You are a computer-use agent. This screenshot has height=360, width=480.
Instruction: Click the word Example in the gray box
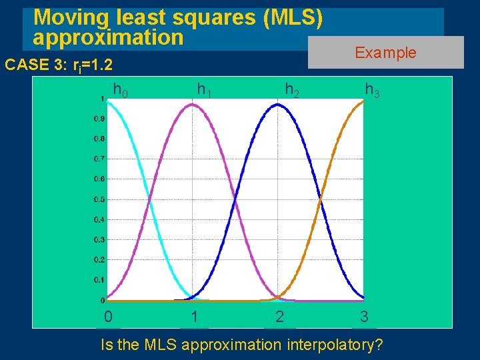click(x=385, y=53)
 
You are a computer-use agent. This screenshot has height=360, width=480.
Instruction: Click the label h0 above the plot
click(x=121, y=89)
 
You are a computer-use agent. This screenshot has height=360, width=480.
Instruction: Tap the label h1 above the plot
click(x=204, y=89)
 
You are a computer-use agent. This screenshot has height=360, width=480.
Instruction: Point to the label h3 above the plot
click(x=372, y=89)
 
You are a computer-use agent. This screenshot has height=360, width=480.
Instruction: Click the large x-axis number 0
click(x=108, y=317)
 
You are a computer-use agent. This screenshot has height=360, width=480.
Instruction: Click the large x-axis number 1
click(x=193, y=317)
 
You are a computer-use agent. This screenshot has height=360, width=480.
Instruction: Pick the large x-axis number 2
click(x=279, y=317)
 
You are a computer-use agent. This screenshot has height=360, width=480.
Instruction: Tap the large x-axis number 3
click(x=364, y=317)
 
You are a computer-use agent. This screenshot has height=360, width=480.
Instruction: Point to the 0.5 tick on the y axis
click(x=97, y=199)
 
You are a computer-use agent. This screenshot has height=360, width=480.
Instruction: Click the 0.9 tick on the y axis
click(x=97, y=119)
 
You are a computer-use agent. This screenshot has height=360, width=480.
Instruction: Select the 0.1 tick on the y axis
click(x=97, y=279)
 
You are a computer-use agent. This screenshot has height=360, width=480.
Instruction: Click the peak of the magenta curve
click(x=193, y=105)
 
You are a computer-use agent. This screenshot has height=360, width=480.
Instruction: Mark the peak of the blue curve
click(x=279, y=105)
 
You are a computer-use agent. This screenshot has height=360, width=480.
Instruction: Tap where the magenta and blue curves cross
click(x=235, y=199)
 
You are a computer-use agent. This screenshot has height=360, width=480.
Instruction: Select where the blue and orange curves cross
click(x=321, y=199)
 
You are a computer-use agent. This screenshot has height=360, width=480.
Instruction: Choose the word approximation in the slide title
click(x=107, y=37)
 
